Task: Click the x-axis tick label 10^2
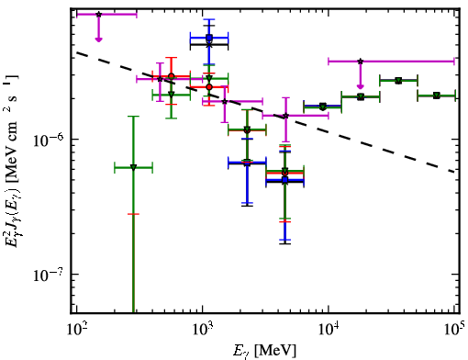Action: [77, 329]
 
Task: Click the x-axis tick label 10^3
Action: [203, 329]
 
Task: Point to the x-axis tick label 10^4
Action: [329, 329]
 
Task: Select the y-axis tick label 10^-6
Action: [49, 141]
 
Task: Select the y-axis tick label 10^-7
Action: [49, 275]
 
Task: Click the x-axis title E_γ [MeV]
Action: [264, 351]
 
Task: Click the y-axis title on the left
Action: [12, 161]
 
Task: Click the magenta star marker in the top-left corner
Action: [98, 15]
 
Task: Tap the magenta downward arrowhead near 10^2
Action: [98, 39]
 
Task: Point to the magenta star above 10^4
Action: [361, 62]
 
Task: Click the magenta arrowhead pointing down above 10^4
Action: [361, 86]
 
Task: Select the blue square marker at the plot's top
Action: [209, 38]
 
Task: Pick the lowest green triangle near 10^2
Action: [133, 167]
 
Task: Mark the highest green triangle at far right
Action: [398, 81]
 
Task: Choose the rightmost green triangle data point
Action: [437, 96]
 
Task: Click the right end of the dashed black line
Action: [455, 172]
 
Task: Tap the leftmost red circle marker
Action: [172, 76]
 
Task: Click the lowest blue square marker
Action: [285, 180]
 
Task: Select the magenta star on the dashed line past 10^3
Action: [225, 101]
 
